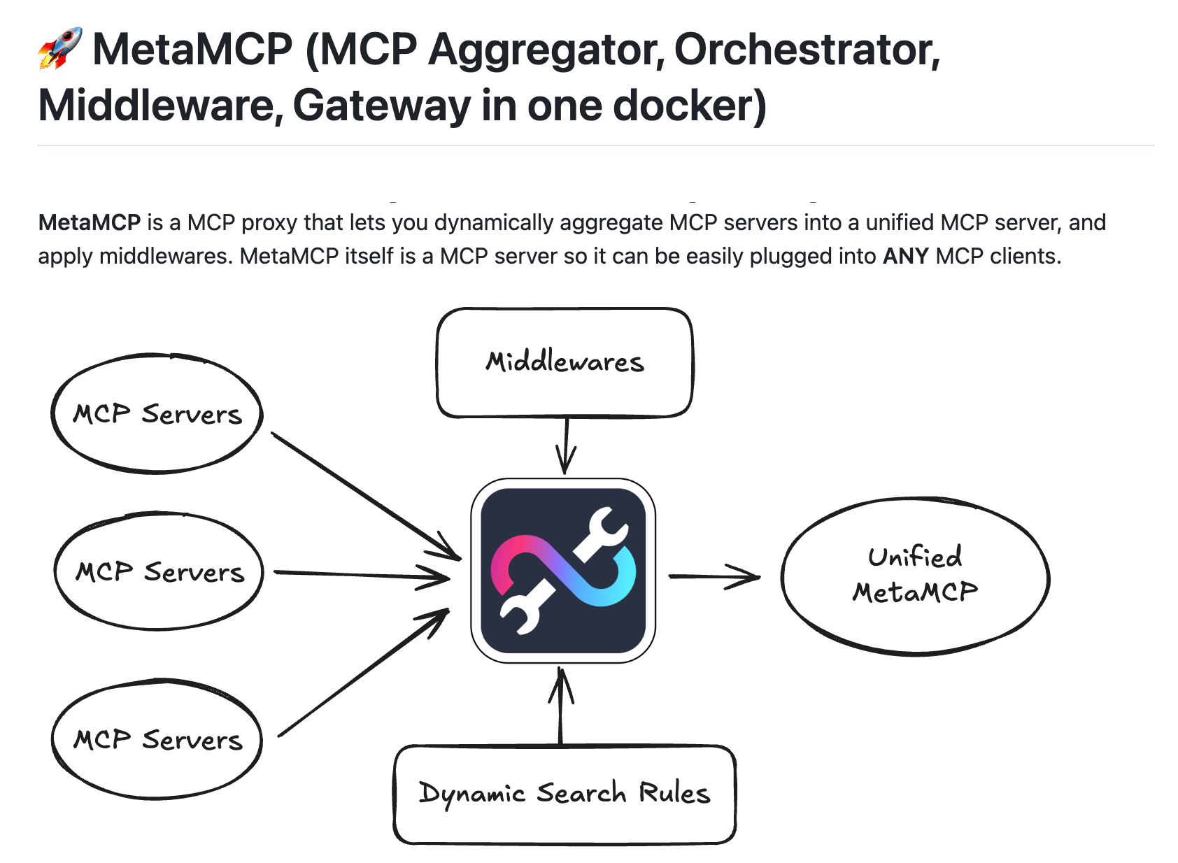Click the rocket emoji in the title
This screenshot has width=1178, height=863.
point(60,48)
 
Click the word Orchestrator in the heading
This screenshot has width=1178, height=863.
point(807,50)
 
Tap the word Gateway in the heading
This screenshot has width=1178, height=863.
point(381,106)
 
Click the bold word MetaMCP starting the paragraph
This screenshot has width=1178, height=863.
point(90,222)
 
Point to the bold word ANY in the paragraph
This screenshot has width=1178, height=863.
point(906,256)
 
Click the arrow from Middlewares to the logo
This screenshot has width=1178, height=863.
point(566,446)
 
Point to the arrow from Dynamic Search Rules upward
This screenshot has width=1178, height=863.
point(561,706)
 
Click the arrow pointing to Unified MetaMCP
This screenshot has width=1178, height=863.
point(714,577)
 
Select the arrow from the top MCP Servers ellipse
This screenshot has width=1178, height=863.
point(366,496)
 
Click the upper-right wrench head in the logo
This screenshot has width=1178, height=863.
point(606,527)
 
